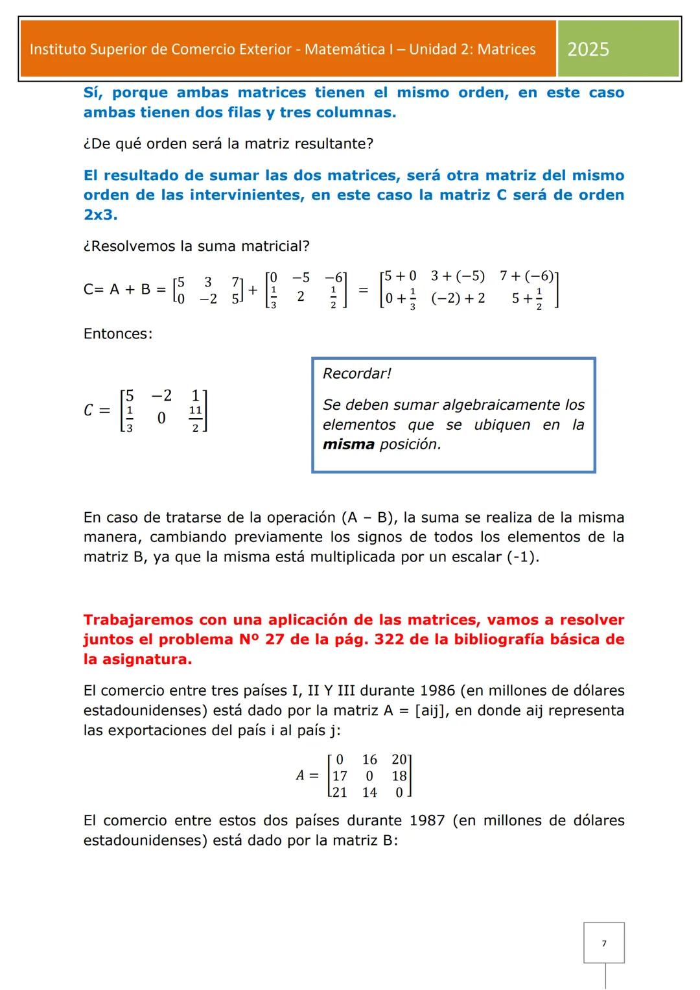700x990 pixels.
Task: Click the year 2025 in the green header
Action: click(x=588, y=49)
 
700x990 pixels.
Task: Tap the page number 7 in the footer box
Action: click(x=604, y=943)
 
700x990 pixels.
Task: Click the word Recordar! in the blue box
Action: click(x=357, y=373)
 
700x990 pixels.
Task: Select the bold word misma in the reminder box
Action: click(x=349, y=445)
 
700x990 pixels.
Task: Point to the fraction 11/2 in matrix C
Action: click(x=195, y=419)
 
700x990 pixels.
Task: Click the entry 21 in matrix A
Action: click(x=340, y=792)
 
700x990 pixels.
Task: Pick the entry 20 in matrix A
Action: click(x=399, y=759)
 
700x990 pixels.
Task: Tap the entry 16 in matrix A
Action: click(x=369, y=759)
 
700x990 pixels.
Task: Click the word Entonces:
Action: click(x=118, y=334)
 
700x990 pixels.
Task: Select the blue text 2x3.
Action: click(x=100, y=215)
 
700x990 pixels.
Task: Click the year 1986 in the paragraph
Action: click(x=438, y=690)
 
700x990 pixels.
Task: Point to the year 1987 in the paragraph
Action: click(x=427, y=821)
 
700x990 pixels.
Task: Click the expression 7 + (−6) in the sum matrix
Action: click(x=527, y=276)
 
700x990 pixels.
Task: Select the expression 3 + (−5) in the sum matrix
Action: click(x=458, y=276)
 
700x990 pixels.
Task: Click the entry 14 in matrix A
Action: click(x=369, y=792)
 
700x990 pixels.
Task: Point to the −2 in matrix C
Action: click(x=161, y=395)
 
